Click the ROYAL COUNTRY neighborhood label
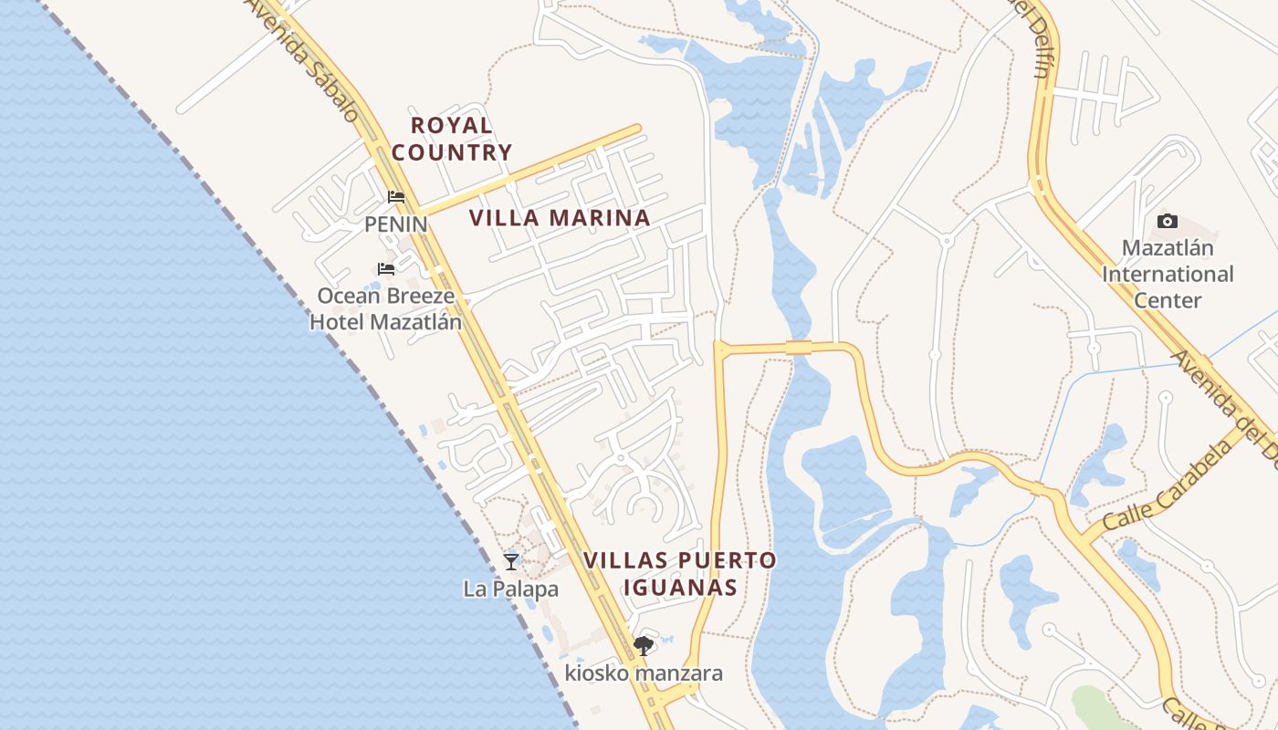(x=451, y=139)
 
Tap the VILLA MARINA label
(x=560, y=218)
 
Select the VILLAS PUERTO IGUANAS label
(x=680, y=573)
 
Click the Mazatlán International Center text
(x=1168, y=274)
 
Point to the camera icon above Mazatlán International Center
(x=1167, y=221)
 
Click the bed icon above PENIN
(x=395, y=196)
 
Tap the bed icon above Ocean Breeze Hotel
(x=386, y=268)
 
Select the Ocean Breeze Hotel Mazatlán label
(x=385, y=308)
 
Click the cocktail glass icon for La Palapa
(x=511, y=561)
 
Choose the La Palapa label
(x=510, y=589)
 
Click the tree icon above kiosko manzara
(x=644, y=646)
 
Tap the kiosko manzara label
(x=644, y=674)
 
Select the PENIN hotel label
(x=395, y=224)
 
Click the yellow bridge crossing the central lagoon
(x=798, y=347)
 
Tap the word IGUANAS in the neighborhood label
(x=680, y=587)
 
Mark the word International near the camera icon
(x=1168, y=274)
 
